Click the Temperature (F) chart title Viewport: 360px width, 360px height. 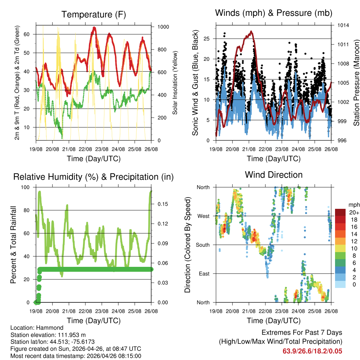94,14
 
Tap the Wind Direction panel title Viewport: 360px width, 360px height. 274,175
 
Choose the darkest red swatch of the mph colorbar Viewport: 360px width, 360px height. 340,212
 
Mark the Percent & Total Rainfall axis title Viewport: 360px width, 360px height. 13,245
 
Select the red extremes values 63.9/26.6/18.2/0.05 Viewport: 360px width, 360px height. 312,351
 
